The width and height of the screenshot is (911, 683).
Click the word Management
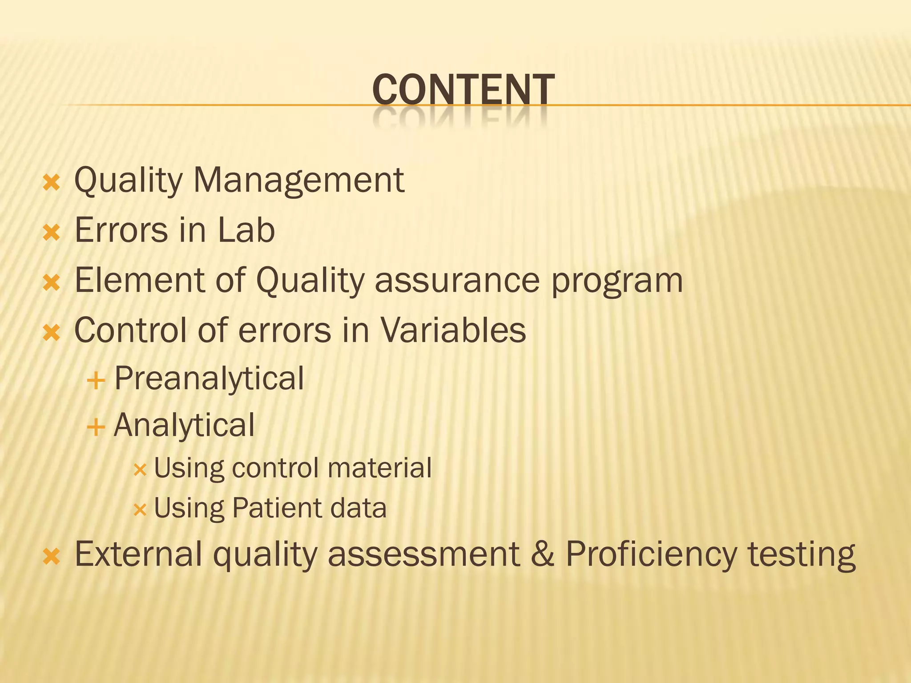pos(299,181)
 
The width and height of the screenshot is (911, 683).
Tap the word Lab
pos(246,230)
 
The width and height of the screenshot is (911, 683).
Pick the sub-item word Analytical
pos(184,426)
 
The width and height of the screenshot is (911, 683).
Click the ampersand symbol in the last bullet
pos(543,554)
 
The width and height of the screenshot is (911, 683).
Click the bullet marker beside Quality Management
pos(52,182)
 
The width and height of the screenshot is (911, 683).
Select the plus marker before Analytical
pos(96,428)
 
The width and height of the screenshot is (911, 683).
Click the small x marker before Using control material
pos(140,470)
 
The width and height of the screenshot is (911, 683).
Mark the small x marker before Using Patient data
pos(140,510)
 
